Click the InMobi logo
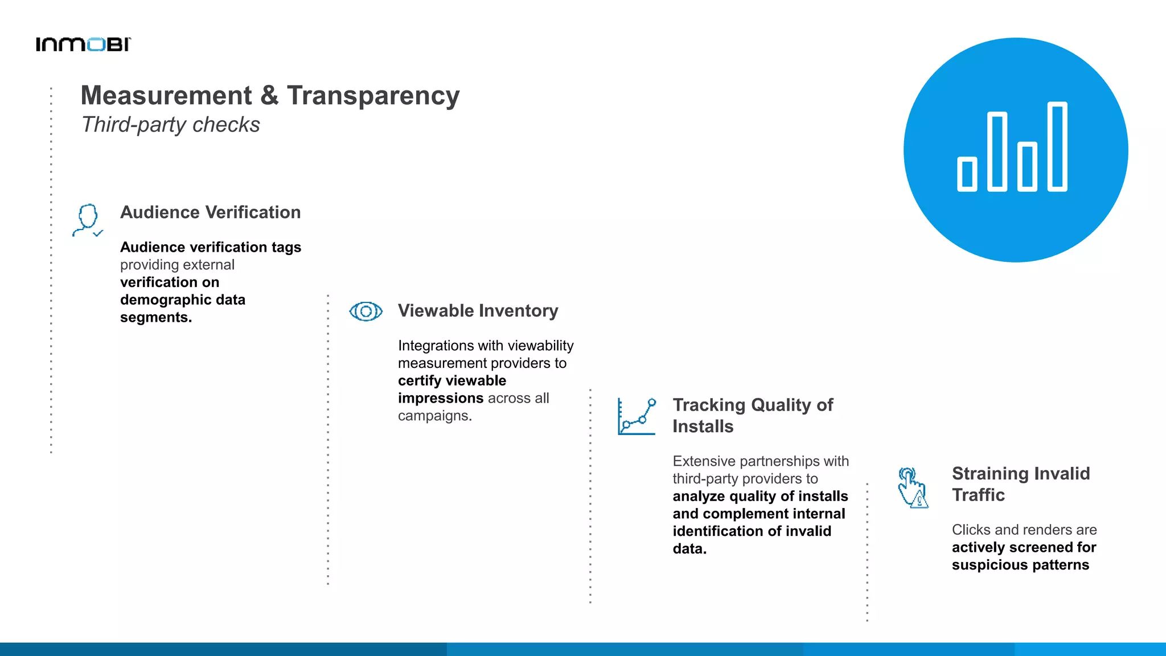point(83,44)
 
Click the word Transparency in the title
point(373,96)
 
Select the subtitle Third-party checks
point(170,125)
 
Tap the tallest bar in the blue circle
point(1057,146)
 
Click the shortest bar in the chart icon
point(967,174)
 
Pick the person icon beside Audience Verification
point(88,220)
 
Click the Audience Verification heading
point(210,212)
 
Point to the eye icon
point(366,311)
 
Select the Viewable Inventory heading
point(478,311)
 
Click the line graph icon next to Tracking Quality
point(637,417)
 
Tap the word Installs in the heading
point(703,427)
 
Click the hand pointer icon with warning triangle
point(912,487)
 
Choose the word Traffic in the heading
point(978,495)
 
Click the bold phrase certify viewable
point(451,380)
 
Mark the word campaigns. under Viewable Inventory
point(434,416)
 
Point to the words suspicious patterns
point(1020,565)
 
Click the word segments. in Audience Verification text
point(155,317)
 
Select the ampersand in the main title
point(269,96)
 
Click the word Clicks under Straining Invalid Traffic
point(971,530)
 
